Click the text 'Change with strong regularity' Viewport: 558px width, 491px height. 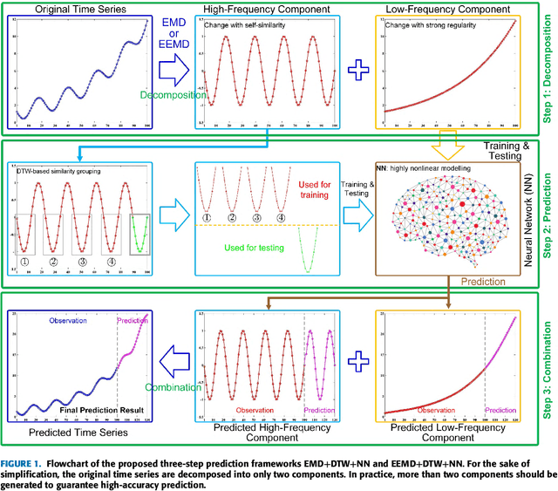click(433, 25)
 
